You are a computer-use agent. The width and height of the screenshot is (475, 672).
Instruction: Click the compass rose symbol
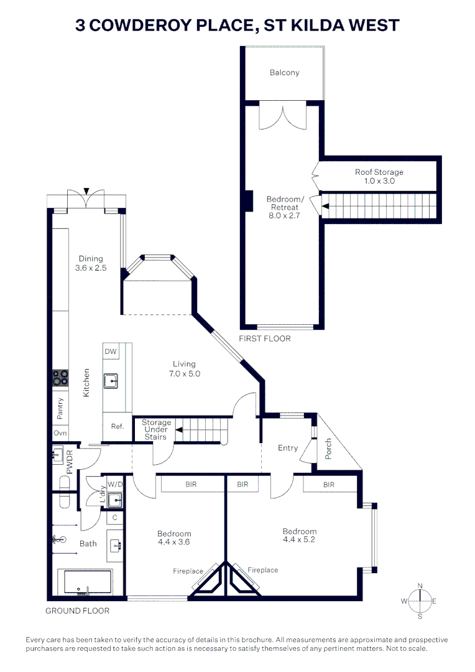pyautogui.click(x=421, y=600)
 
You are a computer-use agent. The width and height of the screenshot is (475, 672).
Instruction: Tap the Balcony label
pyautogui.click(x=284, y=73)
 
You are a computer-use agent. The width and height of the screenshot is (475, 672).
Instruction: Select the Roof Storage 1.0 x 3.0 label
pyautogui.click(x=379, y=177)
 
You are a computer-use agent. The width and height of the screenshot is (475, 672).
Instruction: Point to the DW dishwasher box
pyautogui.click(x=111, y=352)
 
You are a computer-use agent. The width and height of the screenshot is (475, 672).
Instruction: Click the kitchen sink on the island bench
pyautogui.click(x=111, y=380)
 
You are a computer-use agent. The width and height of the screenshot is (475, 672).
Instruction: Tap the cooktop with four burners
pyautogui.click(x=60, y=377)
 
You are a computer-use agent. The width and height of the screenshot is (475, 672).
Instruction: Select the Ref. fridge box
pyautogui.click(x=117, y=426)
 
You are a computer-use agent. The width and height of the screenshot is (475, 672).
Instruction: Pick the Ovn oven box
pyautogui.click(x=60, y=433)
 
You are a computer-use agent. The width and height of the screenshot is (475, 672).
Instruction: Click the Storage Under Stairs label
pyautogui.click(x=156, y=430)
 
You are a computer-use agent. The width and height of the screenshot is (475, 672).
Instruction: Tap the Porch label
pyautogui.click(x=329, y=448)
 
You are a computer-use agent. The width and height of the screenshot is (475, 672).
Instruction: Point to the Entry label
pyautogui.click(x=288, y=448)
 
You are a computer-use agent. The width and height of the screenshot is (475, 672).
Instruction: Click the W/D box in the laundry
pyautogui.click(x=115, y=483)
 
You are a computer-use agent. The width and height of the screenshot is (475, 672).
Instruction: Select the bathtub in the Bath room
pyautogui.click(x=85, y=583)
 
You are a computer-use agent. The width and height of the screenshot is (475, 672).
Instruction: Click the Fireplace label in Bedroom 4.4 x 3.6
pyautogui.click(x=188, y=571)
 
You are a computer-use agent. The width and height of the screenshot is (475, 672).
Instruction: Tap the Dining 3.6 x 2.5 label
pyautogui.click(x=91, y=264)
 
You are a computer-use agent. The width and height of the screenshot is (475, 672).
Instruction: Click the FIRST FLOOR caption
pyautogui.click(x=265, y=339)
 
